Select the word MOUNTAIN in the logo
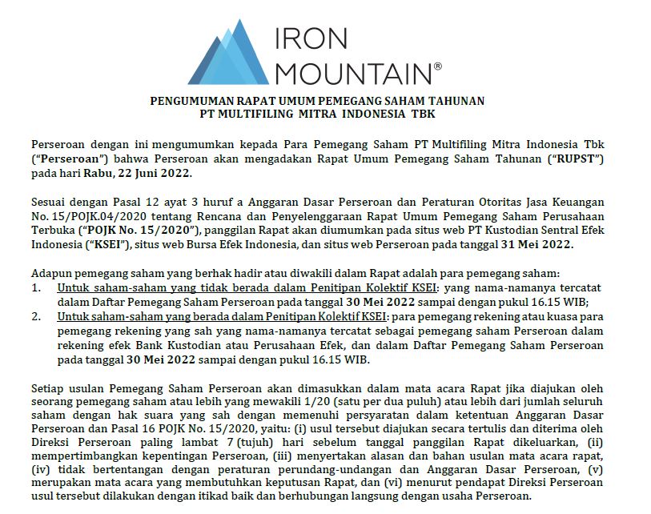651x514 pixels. click(x=352, y=73)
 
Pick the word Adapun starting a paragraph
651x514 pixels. click(x=52, y=273)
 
